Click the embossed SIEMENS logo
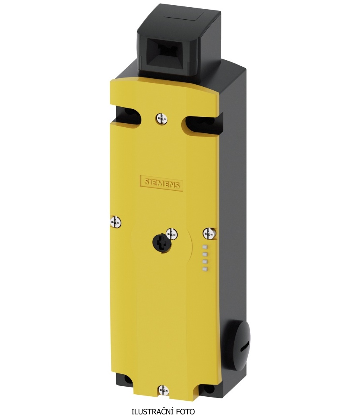point(161,183)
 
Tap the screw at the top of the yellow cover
point(162,118)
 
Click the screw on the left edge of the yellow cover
point(115,222)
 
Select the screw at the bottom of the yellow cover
point(163,391)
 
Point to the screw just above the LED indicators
point(209,234)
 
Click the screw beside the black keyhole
point(172,233)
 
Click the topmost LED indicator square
point(205,247)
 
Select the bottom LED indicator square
point(205,269)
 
